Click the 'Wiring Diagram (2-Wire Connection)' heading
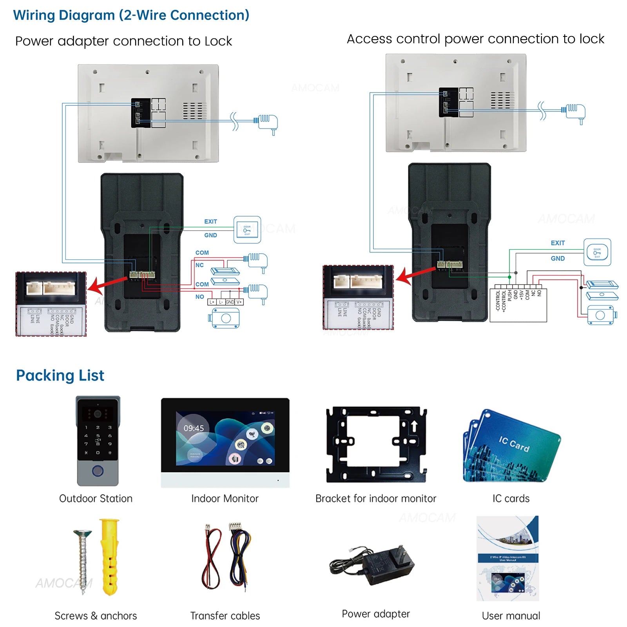131,15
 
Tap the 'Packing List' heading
60,375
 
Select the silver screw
83,560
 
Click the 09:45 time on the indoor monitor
194,428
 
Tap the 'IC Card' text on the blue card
514,444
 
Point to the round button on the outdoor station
98,470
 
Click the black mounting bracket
376,445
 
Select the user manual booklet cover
508,558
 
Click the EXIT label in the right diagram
558,243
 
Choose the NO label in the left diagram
199,297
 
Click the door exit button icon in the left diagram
247,230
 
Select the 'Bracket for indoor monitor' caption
375,498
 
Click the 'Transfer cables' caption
225,616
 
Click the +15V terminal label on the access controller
522,295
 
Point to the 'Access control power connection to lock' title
475,39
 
